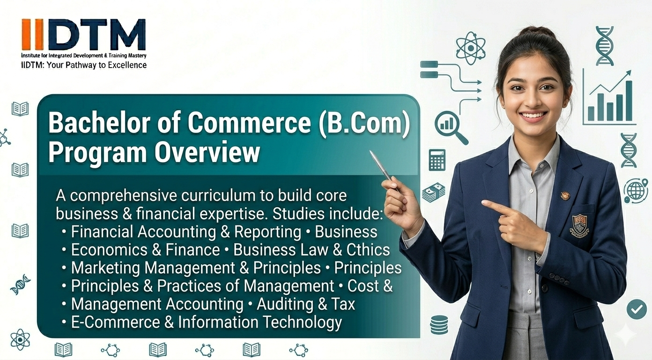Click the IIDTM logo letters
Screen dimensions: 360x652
[x=83, y=35]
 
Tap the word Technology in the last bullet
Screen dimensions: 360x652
[x=302, y=322]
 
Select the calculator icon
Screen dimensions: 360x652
[x=437, y=159]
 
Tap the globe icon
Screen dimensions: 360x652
[x=636, y=190]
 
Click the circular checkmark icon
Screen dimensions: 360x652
[x=637, y=309]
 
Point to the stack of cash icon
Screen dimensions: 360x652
[x=434, y=192]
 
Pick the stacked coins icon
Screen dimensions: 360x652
[x=439, y=324]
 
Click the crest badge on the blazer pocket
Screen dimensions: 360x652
[x=579, y=225]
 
